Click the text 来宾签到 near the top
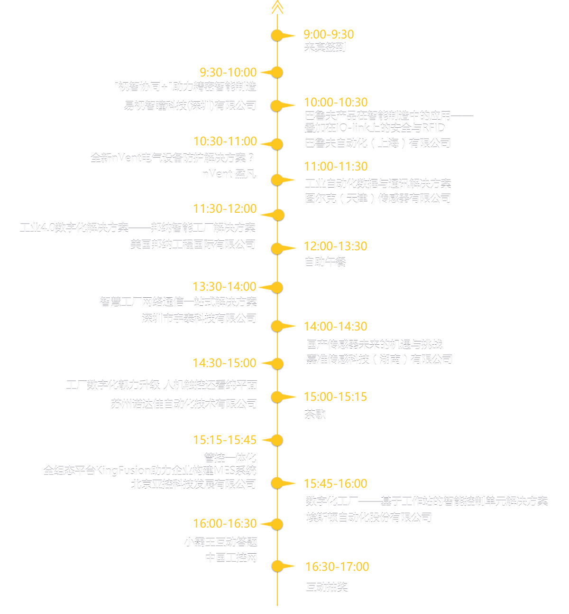(325, 47)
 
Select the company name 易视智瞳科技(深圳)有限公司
(190, 106)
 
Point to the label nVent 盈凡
(229, 174)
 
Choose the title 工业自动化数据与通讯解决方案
(377, 183)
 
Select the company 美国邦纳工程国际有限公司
(193, 244)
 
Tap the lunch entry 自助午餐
(325, 262)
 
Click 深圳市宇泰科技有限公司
(199, 318)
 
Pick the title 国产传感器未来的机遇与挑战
(375, 344)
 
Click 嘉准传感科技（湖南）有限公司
(379, 359)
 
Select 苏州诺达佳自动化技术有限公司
(184, 404)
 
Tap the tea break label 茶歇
(315, 415)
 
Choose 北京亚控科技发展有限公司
(193, 484)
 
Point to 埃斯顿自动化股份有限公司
(369, 517)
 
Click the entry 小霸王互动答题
(221, 542)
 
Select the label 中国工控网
(231, 558)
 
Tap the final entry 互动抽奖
(327, 587)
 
